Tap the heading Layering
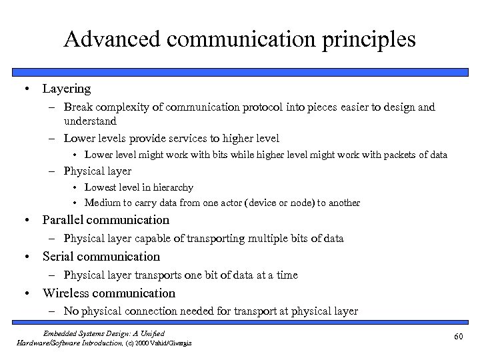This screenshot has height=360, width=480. coord(66,88)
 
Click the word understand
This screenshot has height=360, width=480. coord(90,121)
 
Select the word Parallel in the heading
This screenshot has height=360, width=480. coord(65,220)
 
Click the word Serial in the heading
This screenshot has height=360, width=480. coord(59,257)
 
